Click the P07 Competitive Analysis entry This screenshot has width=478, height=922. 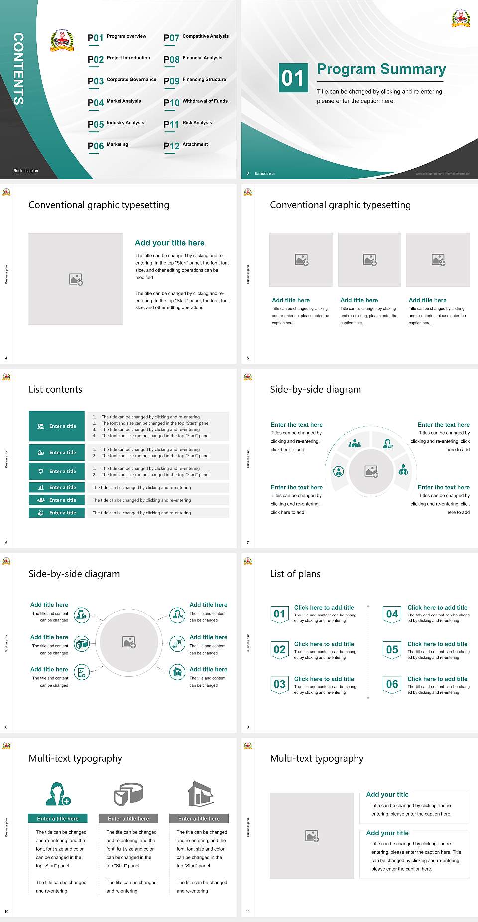[x=196, y=37]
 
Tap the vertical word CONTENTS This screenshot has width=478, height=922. [x=18, y=69]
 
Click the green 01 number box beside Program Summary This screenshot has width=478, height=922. [x=292, y=78]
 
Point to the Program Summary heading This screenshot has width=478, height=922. [x=381, y=69]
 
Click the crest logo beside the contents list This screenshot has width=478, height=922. [x=62, y=41]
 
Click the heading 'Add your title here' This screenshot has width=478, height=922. [x=169, y=243]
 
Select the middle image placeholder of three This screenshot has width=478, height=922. [x=369, y=260]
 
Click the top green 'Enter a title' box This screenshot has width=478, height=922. [x=57, y=426]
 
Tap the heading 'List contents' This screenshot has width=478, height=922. [x=55, y=389]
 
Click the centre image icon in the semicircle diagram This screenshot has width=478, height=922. [x=371, y=471]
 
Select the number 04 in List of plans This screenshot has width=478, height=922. [x=392, y=614]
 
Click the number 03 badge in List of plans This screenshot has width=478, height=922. [x=280, y=684]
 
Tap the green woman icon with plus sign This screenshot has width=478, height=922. [x=58, y=794]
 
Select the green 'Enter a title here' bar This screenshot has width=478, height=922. [x=58, y=818]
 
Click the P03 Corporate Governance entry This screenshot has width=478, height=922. [x=122, y=81]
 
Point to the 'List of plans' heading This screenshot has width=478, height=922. [x=295, y=574]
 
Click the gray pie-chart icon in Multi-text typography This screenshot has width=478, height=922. [x=128, y=794]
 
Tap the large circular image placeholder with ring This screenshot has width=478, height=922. [x=129, y=642]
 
